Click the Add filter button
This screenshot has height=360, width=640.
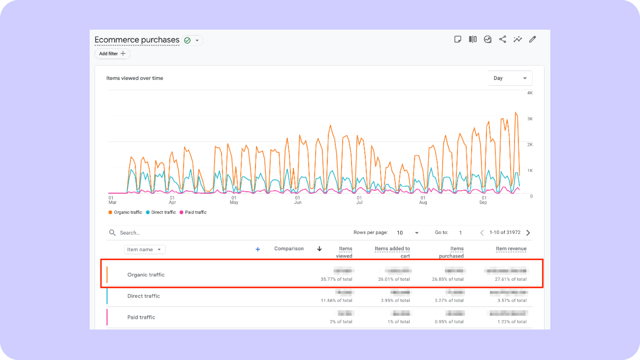pyautogui.click(x=112, y=54)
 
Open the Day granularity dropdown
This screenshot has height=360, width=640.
pyautogui.click(x=510, y=78)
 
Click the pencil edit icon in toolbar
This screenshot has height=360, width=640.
pyautogui.click(x=532, y=39)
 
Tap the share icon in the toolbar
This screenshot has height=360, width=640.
pyautogui.click(x=502, y=39)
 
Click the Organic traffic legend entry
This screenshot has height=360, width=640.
pyautogui.click(x=125, y=212)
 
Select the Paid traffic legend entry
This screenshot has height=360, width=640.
pyautogui.click(x=193, y=212)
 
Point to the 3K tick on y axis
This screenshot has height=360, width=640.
pyautogui.click(x=530, y=119)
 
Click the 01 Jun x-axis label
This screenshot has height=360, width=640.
pyautogui.click(x=297, y=200)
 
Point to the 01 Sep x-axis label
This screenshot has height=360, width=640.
pyautogui.click(x=483, y=200)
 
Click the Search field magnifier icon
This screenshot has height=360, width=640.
pyautogui.click(x=112, y=233)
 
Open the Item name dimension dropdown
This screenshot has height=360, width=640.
pyautogui.click(x=145, y=249)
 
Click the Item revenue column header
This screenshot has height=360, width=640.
pyautogui.click(x=511, y=249)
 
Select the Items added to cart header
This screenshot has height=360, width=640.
pyautogui.click(x=392, y=252)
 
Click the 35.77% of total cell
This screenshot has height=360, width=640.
pyautogui.click(x=336, y=279)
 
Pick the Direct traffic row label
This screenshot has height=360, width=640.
pyautogui.click(x=143, y=296)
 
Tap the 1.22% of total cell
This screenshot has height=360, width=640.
pyautogui.click(x=512, y=322)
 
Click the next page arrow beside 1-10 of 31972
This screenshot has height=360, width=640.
pyautogui.click(x=528, y=233)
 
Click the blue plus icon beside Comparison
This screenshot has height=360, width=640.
pyautogui.click(x=258, y=249)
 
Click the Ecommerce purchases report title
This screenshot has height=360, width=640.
pyautogui.click(x=137, y=40)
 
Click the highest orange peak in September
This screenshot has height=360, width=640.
pyautogui.click(x=516, y=113)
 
